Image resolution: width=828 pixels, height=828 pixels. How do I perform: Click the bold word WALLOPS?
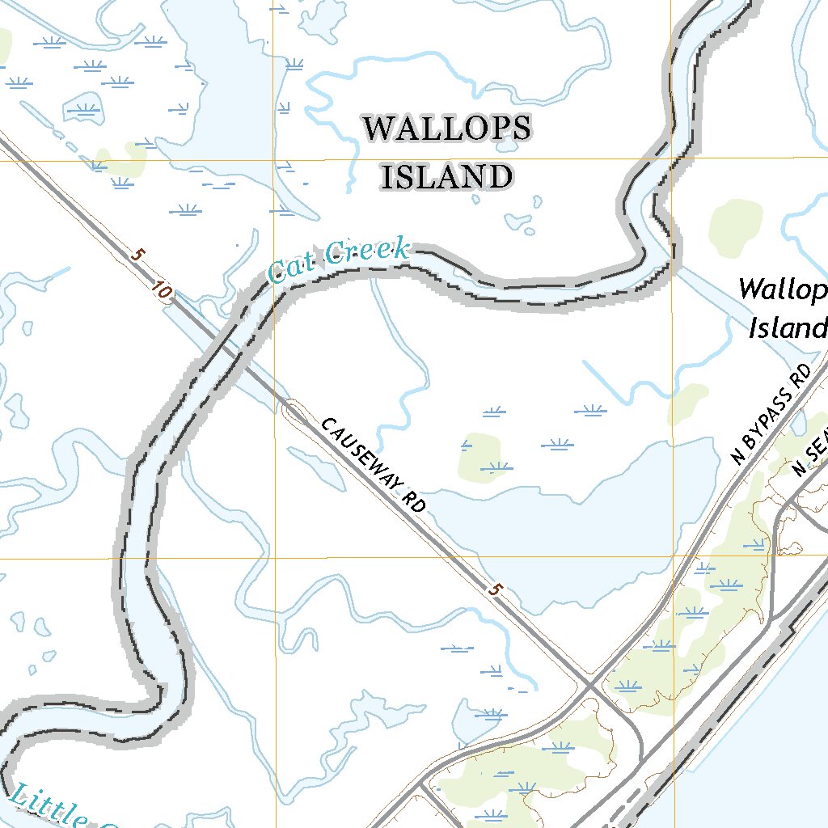(447, 129)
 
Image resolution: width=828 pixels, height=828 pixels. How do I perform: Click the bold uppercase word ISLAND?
(447, 177)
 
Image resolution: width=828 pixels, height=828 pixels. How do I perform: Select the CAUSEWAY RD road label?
(374, 465)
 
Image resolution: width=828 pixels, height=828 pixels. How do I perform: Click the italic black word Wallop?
(782, 290)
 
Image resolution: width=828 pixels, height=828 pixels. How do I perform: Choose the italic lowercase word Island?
(788, 328)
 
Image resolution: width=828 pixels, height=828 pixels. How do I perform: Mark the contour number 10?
(160, 292)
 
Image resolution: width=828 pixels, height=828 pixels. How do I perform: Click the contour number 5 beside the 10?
(137, 256)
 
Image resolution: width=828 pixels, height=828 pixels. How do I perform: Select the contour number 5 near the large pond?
(492, 592)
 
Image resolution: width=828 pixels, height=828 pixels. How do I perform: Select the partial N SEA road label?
(810, 459)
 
